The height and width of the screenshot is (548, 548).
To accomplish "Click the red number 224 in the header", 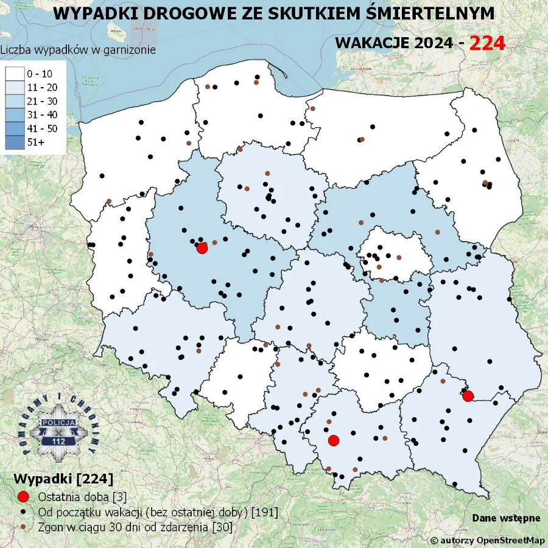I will tap(487, 43).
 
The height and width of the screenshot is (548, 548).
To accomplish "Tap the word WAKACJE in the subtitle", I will tap(370, 43).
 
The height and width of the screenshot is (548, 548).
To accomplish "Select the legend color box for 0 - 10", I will tap(15, 74).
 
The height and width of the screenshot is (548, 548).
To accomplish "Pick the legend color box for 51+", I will tap(15, 142).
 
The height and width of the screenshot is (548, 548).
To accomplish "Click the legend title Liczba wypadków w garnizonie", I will tap(78, 50).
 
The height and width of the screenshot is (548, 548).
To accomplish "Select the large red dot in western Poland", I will tap(202, 248).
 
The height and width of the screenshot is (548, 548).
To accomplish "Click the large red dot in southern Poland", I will tap(333, 440).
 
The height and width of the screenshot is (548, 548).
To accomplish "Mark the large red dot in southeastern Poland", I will tap(468, 396).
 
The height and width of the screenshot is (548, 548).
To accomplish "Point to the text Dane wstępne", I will tap(506, 518).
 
